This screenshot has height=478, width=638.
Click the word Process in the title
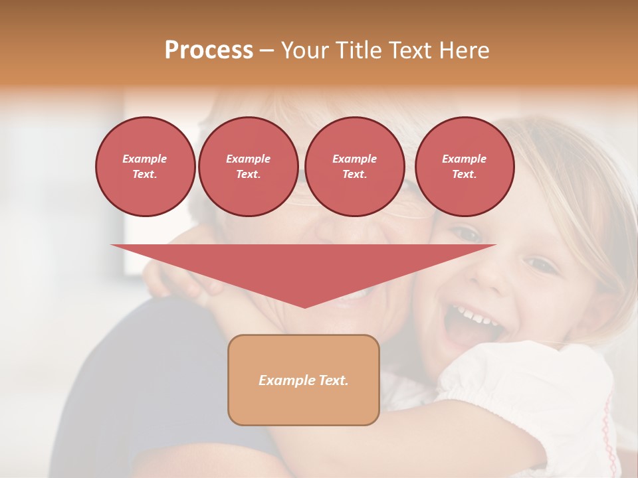(x=209, y=50)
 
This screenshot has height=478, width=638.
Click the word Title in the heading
(x=356, y=50)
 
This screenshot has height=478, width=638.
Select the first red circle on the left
(x=146, y=167)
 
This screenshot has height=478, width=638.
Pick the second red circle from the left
(x=249, y=167)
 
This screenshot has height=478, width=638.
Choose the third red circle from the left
(x=355, y=167)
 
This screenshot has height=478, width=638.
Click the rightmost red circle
(x=465, y=167)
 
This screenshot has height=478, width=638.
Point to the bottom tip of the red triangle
(x=304, y=307)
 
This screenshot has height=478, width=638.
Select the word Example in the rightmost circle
(x=464, y=159)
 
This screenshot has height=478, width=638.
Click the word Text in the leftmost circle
(x=144, y=175)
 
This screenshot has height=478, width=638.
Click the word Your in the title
(x=304, y=50)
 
